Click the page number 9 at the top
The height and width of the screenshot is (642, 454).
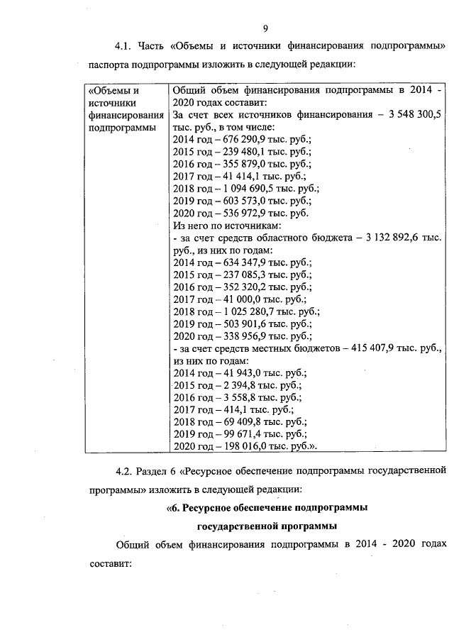265,28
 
